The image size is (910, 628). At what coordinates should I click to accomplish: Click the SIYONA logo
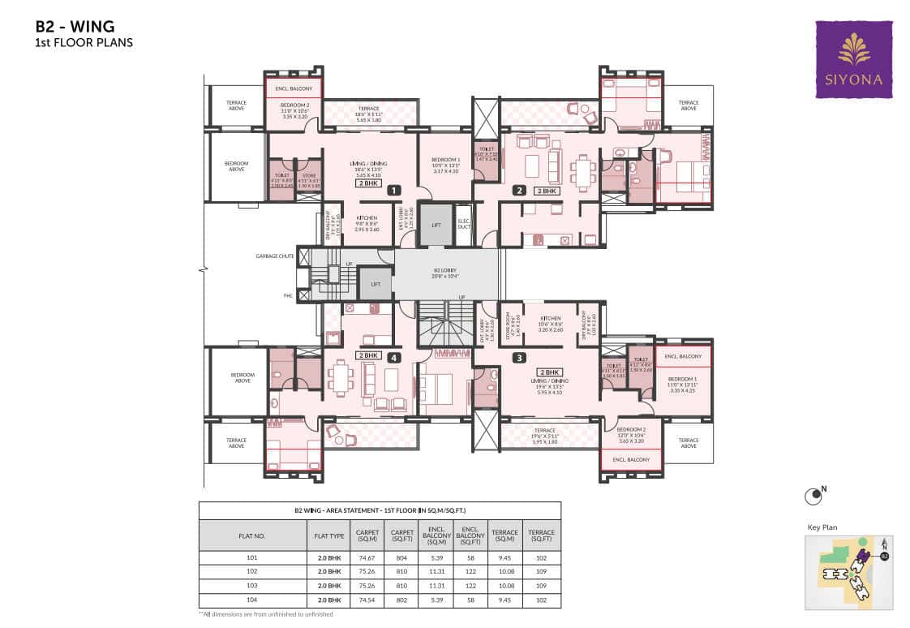(853, 59)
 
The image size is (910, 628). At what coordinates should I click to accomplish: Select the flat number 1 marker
(393, 191)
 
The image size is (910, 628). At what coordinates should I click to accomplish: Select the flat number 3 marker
(520, 356)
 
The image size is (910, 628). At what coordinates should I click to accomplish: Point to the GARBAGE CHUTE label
(274, 256)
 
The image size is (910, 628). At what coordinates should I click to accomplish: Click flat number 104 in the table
(251, 600)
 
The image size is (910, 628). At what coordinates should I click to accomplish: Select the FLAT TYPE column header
(330, 536)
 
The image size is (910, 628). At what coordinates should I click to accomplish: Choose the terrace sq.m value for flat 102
(505, 572)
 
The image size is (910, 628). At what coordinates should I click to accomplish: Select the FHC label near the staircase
(288, 296)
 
